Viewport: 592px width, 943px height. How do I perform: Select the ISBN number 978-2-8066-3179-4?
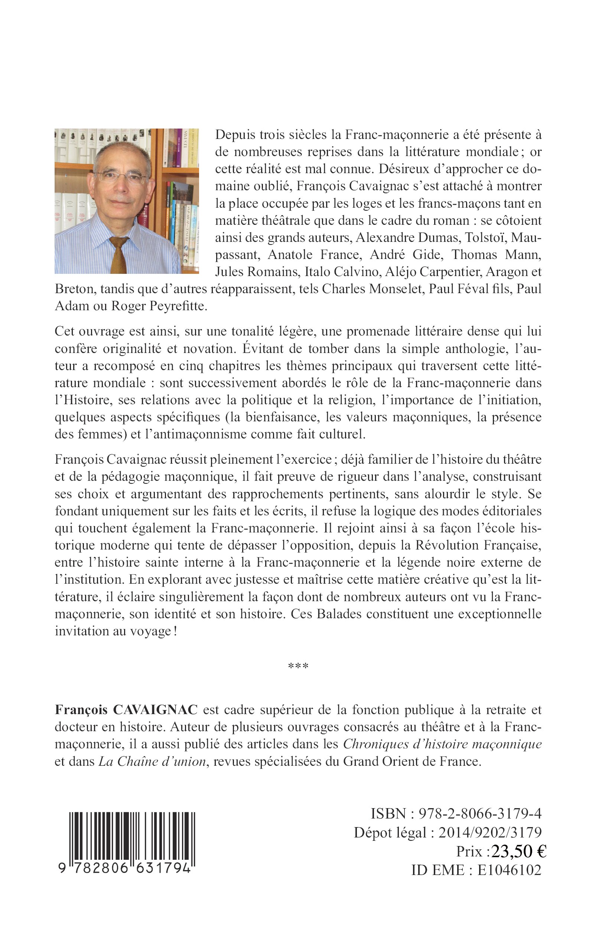click(x=480, y=814)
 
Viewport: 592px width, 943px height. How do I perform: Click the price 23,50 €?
click(x=519, y=851)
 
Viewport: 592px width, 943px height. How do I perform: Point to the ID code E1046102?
click(x=509, y=870)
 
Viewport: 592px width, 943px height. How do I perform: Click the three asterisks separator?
click(x=298, y=666)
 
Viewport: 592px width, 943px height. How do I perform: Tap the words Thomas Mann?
click(x=497, y=255)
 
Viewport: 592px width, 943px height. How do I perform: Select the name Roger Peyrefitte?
click(x=159, y=306)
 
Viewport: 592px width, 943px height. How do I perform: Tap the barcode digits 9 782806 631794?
click(x=124, y=868)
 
